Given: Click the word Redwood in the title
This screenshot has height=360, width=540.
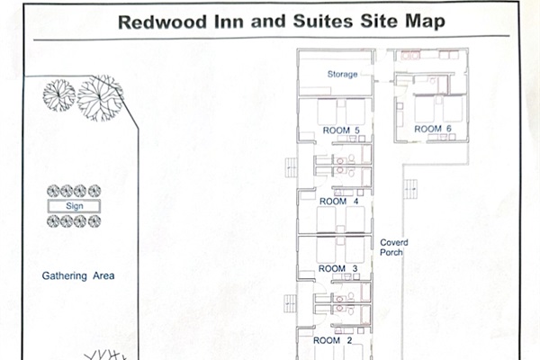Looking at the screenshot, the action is click(x=162, y=22).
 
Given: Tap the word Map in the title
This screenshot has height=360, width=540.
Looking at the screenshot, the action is click(x=425, y=22).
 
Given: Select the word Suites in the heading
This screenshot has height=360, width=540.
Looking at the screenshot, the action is click(x=323, y=22).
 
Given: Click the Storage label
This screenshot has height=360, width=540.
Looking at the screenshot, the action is click(x=342, y=75).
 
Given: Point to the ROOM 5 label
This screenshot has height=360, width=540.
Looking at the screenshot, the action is click(x=341, y=130).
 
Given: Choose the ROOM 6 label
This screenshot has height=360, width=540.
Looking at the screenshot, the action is click(x=433, y=130).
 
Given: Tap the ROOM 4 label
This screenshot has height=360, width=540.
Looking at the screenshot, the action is click(x=339, y=202).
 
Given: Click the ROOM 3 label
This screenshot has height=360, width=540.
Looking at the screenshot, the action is click(x=337, y=268).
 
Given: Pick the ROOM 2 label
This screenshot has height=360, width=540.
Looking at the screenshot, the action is click(x=332, y=340).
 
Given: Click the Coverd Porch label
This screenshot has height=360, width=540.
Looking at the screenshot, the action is click(x=394, y=247).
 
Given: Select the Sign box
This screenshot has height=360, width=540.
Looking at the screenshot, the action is click(x=74, y=206).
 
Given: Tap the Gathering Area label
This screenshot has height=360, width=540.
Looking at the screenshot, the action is click(x=78, y=276).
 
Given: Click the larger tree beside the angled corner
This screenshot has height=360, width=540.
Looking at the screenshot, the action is click(x=100, y=98).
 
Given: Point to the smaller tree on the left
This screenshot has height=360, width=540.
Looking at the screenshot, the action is click(x=58, y=95).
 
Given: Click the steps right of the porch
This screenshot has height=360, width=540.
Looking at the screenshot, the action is click(x=410, y=189).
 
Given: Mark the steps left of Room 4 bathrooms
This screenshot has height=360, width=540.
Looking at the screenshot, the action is click(x=292, y=167).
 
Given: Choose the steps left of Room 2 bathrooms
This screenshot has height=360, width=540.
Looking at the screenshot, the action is click(x=291, y=303).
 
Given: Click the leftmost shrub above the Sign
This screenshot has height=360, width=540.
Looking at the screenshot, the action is click(x=53, y=191).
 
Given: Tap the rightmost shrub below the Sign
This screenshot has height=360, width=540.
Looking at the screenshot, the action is click(x=94, y=221).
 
